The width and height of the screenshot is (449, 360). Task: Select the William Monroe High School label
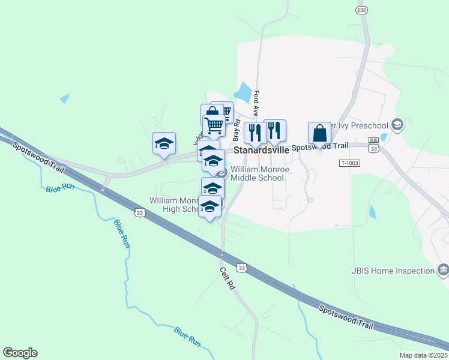tap(175, 205)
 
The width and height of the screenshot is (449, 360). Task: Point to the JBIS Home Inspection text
tap(393, 271)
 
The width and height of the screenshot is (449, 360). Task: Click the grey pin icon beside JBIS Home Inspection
tap(443, 269)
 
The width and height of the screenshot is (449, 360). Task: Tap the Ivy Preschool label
tap(360, 125)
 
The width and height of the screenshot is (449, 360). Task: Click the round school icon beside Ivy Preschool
tap(396, 125)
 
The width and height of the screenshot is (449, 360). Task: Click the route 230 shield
tap(361, 10)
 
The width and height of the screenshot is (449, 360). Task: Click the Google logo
tap(20, 353)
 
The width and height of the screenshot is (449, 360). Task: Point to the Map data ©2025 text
tap(423, 355)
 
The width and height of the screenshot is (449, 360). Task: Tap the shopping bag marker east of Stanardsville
tap(319, 133)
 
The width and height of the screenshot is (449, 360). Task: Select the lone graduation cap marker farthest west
tap(164, 143)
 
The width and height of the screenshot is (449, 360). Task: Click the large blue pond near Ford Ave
tap(243, 92)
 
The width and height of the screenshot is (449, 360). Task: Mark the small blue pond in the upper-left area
tap(65, 98)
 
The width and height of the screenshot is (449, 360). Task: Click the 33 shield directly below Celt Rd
tap(241, 268)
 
